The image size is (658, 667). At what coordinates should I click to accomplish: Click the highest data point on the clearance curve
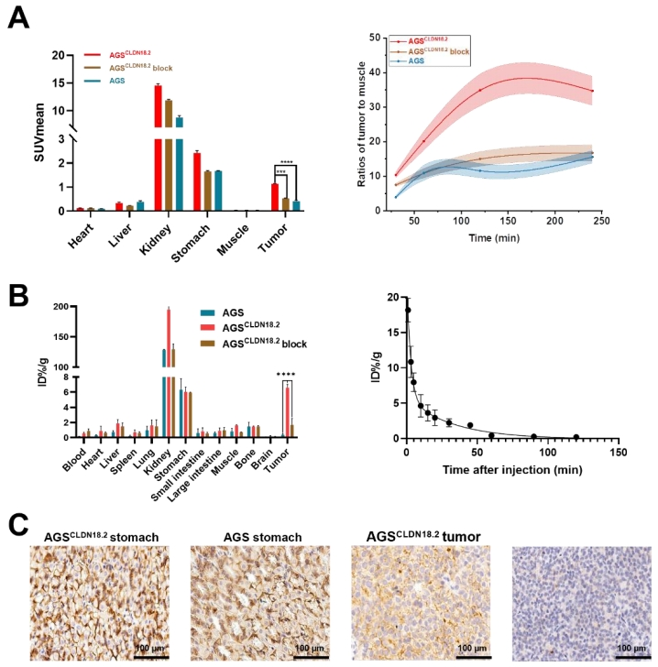click(407, 311)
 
